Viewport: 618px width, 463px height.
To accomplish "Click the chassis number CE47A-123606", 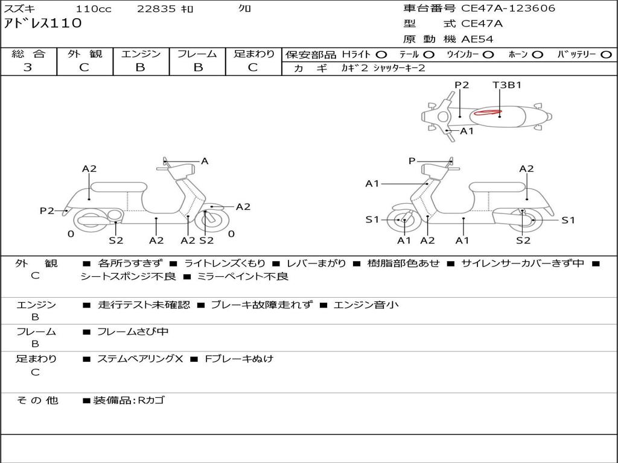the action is tap(508, 8).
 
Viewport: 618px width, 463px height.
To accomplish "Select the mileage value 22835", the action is tap(156, 9).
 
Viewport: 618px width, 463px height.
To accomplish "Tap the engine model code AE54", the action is tap(477, 39).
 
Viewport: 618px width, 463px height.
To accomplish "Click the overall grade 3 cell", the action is tap(28, 68).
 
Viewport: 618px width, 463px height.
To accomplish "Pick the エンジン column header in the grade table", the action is tap(141, 54).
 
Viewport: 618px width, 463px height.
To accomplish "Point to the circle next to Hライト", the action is tap(381, 54).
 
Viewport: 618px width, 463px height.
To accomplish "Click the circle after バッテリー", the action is tap(606, 54).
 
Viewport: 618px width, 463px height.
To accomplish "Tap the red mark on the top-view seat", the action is tap(488, 112).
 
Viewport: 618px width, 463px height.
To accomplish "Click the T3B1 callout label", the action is tap(506, 85).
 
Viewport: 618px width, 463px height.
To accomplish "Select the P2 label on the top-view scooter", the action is tap(462, 85).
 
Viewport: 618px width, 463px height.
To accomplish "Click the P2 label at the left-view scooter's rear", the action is tap(47, 210).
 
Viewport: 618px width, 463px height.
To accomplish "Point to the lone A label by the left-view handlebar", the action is tap(205, 161).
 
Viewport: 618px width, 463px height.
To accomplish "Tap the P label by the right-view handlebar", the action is tap(412, 161).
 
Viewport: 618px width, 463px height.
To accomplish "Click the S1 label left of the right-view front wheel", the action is tap(372, 219).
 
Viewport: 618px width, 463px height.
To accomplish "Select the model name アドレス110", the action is tap(43, 24).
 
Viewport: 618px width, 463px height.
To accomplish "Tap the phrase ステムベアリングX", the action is tap(140, 359).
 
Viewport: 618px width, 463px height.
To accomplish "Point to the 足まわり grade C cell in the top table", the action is tap(253, 68).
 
